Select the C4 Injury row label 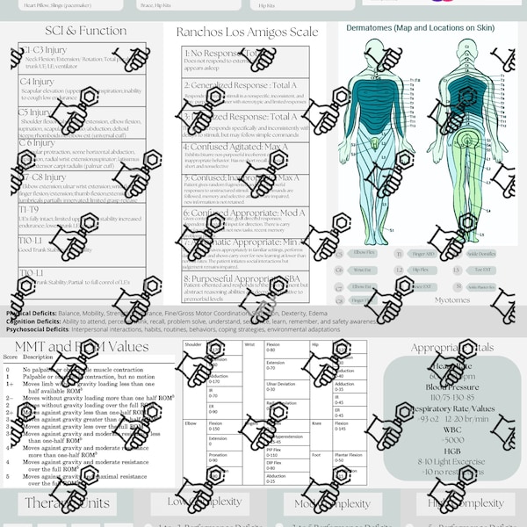point(36,82)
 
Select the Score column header point(11,357)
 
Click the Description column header point(39,357)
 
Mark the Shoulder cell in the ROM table point(193,345)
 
